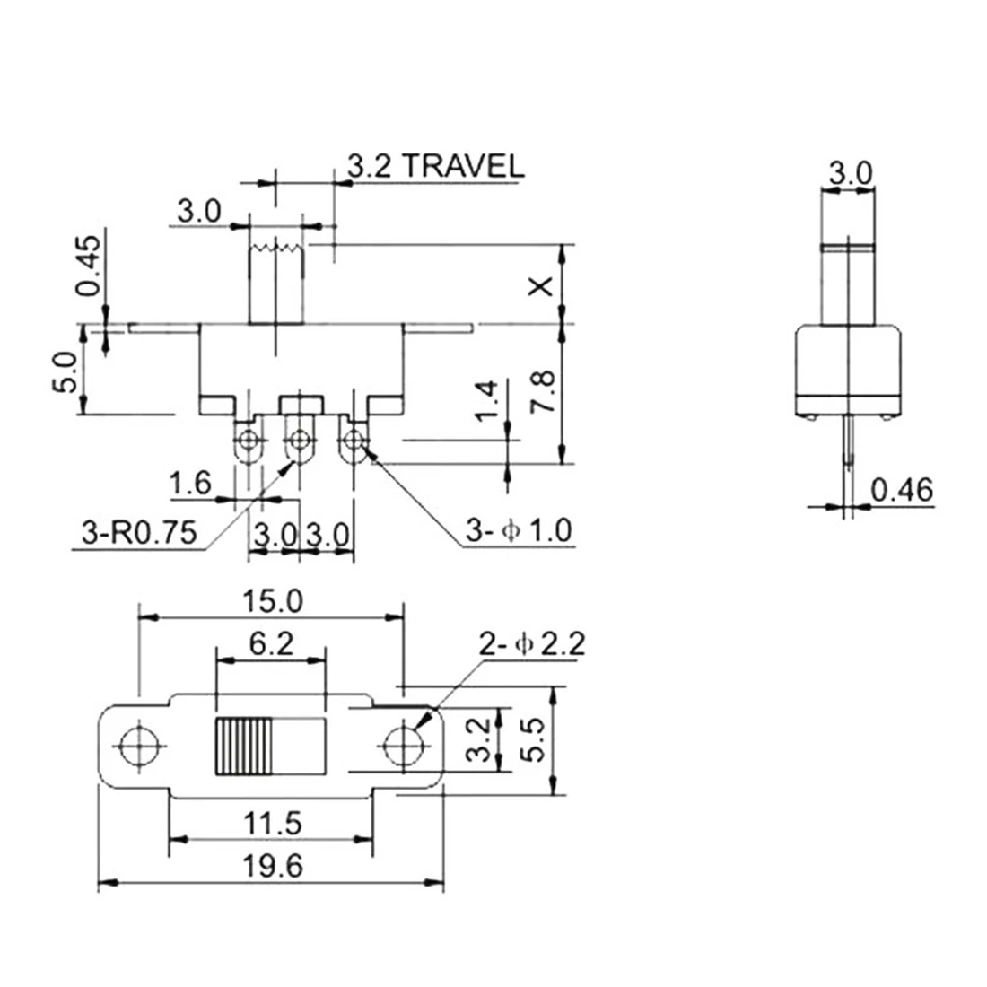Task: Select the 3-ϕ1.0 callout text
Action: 518,532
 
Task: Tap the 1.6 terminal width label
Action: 191,485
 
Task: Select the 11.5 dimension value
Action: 269,822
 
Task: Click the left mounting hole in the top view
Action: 139,744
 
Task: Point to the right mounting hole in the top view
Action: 403,744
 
